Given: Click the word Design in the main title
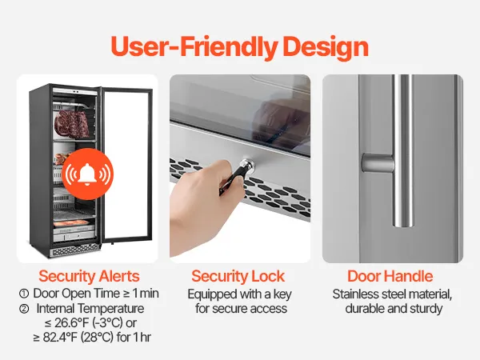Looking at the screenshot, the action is point(326,46).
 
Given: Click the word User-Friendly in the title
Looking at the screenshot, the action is point(194,46).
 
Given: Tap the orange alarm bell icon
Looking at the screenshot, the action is point(87,174).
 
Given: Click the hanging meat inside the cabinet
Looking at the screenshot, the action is point(72,124).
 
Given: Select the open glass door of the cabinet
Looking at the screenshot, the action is point(126,165).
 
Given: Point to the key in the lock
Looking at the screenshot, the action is point(238,176).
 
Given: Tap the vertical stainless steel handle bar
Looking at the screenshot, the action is point(403,150).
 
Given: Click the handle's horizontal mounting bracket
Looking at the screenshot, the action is point(378,163).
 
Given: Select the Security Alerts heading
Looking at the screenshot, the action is point(89,276).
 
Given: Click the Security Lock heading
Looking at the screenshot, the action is point(238,276).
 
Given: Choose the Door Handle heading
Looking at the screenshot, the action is point(390,276).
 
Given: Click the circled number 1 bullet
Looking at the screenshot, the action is point(24,294).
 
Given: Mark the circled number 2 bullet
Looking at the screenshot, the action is point(24,309).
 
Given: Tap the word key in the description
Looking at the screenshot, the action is point(282,294).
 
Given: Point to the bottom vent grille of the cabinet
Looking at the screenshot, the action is point(74,250).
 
